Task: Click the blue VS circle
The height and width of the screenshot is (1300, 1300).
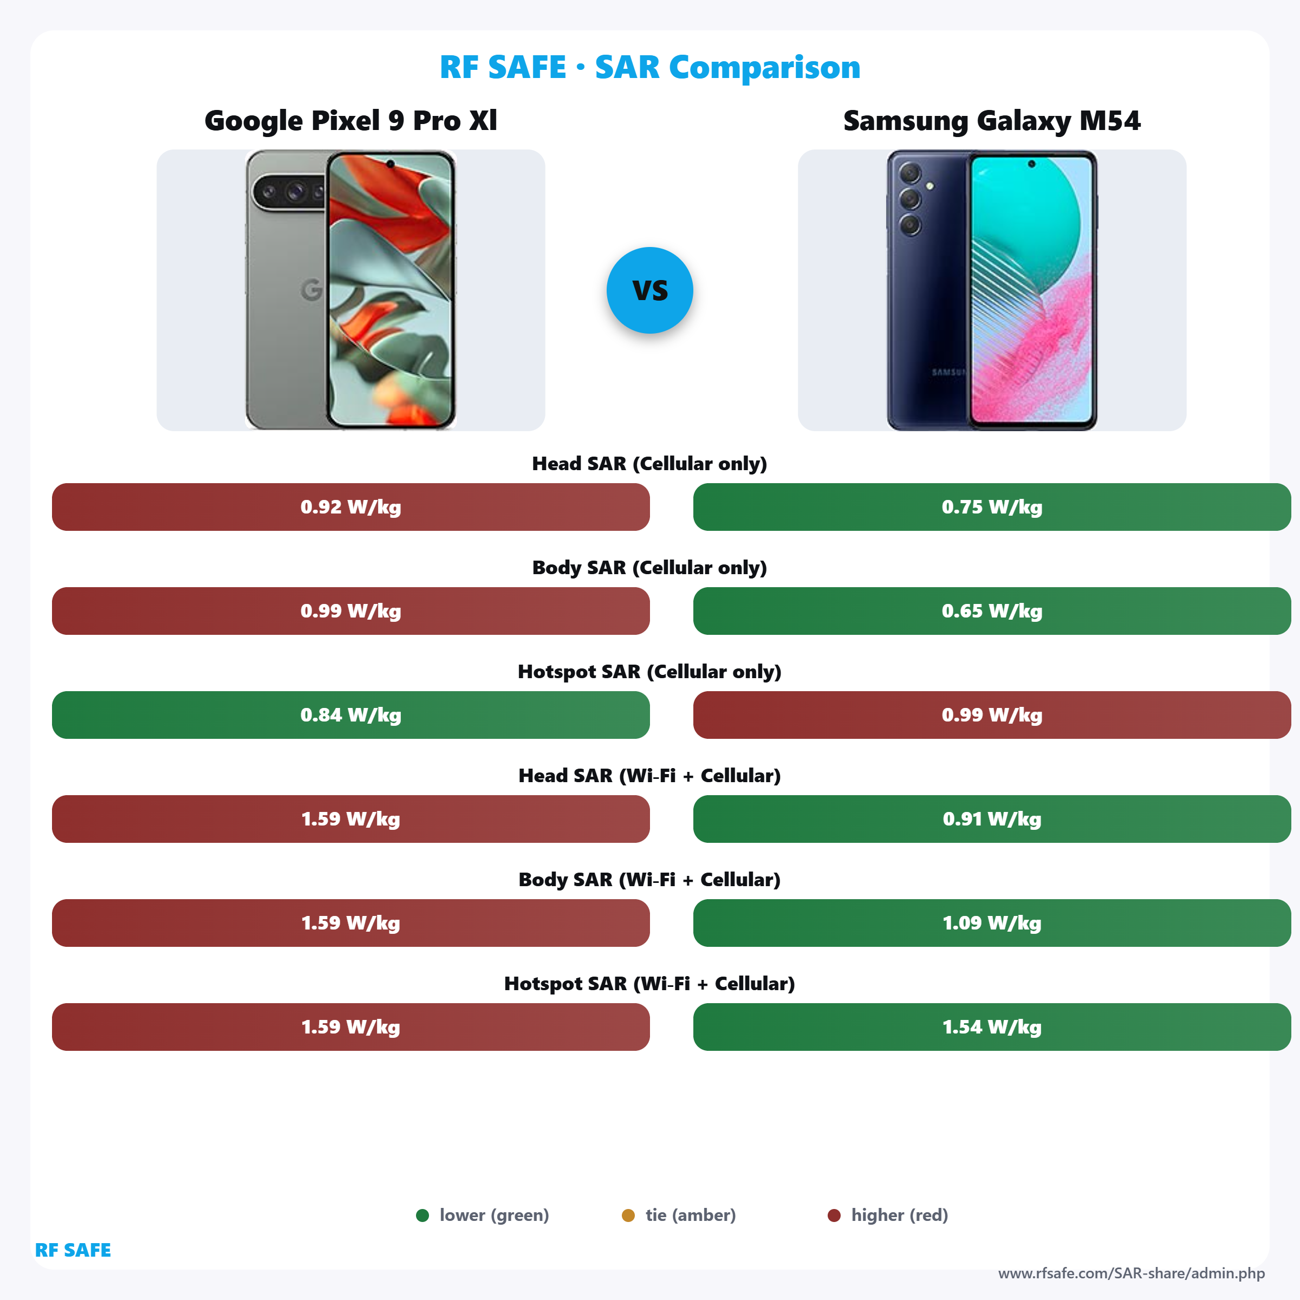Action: pyautogui.click(x=649, y=290)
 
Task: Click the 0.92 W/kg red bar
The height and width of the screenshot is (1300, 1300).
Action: pyautogui.click(x=350, y=506)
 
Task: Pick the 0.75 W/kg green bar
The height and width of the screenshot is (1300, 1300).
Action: pyautogui.click(x=991, y=506)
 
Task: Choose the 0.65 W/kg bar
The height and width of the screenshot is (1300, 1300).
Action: pyautogui.click(x=991, y=611)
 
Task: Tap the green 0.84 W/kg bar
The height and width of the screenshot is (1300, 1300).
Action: pyautogui.click(x=350, y=714)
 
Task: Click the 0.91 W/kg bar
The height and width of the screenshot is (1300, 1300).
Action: pyautogui.click(x=991, y=819)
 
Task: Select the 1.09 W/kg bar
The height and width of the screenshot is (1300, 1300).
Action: pyautogui.click(x=991, y=922)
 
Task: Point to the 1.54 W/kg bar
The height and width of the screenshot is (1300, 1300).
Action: pyautogui.click(x=991, y=1027)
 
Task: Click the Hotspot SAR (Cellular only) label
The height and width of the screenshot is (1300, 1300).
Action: pyautogui.click(x=649, y=672)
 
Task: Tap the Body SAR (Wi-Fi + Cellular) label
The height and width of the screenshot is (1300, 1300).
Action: pyautogui.click(x=649, y=880)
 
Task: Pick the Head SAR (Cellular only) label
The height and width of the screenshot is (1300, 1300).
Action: pyautogui.click(x=649, y=464)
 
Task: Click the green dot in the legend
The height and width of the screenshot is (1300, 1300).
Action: pyautogui.click(x=422, y=1215)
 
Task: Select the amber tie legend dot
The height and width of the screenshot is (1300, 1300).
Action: pyautogui.click(x=628, y=1215)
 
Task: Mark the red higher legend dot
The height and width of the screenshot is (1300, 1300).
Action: pyautogui.click(x=834, y=1215)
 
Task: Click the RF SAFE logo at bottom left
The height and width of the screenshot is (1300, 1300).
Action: pyautogui.click(x=73, y=1250)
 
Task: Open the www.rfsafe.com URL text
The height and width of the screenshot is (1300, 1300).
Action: pyautogui.click(x=1131, y=1273)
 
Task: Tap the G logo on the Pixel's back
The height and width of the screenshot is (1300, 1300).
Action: pyautogui.click(x=311, y=290)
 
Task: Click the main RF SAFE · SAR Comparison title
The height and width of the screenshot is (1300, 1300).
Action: pyautogui.click(x=649, y=67)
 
